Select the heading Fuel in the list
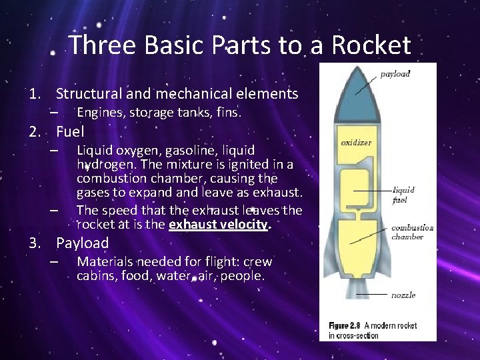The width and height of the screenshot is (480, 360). coord(70,131)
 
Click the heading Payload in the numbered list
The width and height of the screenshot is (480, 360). coord(82,243)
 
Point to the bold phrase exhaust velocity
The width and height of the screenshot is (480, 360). coord(218,224)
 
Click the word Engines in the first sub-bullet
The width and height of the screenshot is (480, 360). coord(99,113)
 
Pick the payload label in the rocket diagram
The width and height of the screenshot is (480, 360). coord(395,74)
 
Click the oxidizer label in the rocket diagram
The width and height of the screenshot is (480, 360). coord(356,143)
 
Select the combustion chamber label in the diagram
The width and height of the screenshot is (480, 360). coord(412,232)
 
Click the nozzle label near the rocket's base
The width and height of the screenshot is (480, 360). coord(404,295)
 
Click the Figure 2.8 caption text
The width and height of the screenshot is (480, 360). coord(373,330)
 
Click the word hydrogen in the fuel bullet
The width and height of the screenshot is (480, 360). coord(101,165)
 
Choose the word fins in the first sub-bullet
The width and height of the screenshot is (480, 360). coord(227,113)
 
